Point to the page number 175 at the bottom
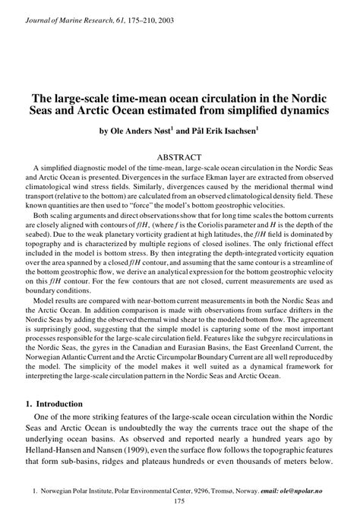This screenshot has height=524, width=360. tap(180, 502)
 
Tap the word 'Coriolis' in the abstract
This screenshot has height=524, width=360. tap(241, 224)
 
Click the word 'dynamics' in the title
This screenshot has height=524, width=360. tap(300, 111)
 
